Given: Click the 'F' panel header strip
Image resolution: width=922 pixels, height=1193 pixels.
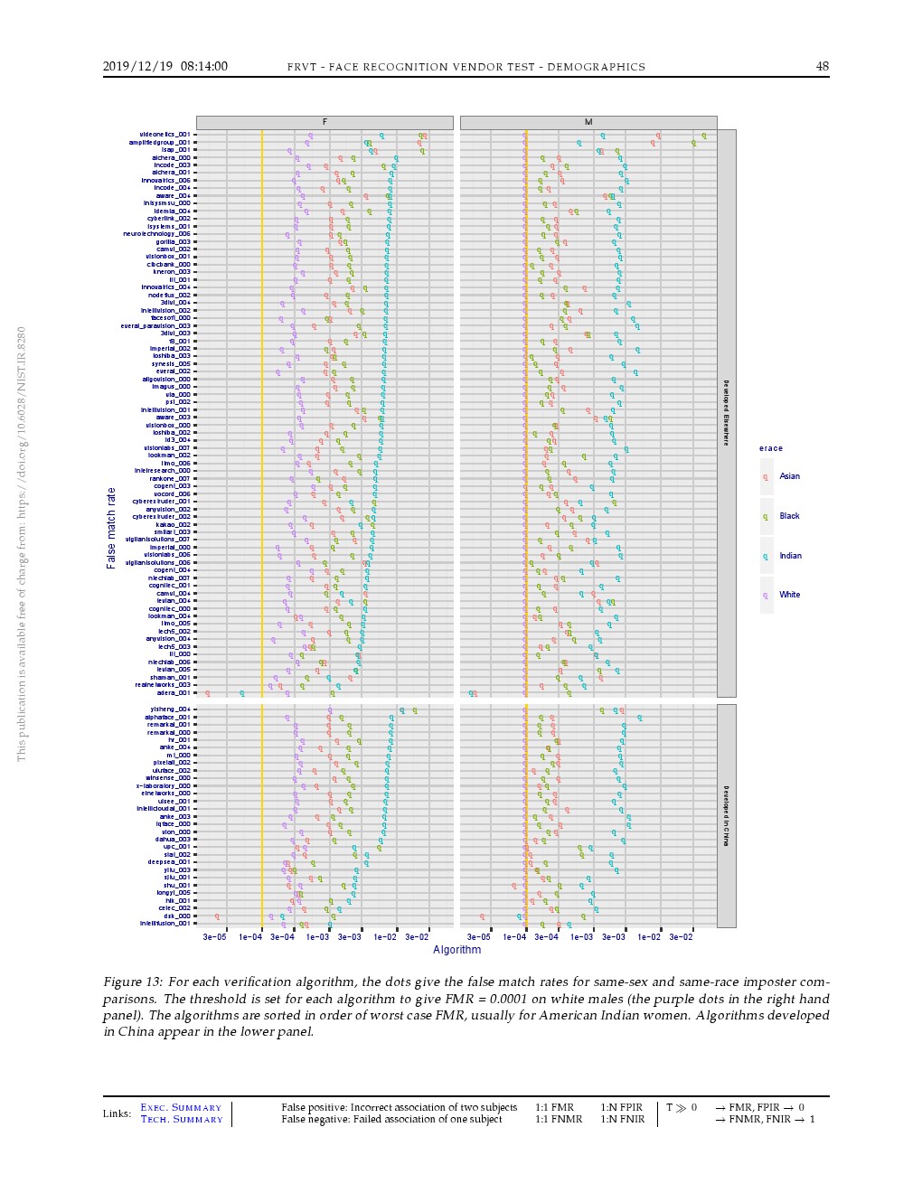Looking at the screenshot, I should pos(325,122).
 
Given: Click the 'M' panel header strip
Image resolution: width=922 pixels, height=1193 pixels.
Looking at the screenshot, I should pos(588,122).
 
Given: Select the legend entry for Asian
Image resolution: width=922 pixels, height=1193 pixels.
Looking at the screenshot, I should pos(789,476).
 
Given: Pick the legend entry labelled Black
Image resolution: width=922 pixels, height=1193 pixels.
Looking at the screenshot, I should pos(789,516).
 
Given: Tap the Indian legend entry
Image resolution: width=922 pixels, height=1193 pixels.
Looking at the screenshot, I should pos(790,556).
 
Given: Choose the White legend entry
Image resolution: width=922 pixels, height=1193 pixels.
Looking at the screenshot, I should pos(789,595).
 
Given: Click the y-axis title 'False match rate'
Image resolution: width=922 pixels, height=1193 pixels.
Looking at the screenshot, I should pos(111,528).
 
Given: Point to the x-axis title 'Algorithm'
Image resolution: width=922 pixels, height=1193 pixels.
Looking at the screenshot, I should pos(456,950).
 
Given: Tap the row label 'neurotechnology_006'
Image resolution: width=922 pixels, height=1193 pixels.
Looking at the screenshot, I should pos(157,234).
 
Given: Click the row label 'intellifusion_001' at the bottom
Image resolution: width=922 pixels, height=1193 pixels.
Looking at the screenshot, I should pos(165,924).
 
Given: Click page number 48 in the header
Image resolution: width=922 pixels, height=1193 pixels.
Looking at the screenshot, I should pos(822,66).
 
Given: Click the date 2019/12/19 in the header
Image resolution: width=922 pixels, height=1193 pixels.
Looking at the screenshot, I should pos(138,66).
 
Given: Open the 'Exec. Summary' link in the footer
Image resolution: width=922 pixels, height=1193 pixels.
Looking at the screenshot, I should pos(181,1108).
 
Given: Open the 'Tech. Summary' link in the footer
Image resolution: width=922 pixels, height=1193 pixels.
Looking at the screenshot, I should pos(181,1120).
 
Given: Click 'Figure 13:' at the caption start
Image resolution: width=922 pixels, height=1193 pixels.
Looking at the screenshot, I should pos(134,982).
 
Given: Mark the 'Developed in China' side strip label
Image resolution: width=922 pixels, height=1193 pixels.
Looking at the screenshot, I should pos(726,816).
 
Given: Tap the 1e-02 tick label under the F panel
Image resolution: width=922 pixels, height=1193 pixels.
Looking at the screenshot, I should pos(385,937).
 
